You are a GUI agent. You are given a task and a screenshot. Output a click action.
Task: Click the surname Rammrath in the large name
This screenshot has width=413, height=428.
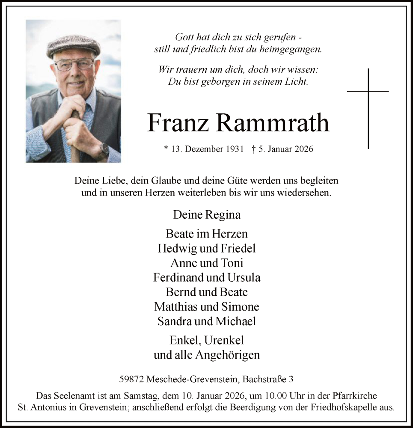273,123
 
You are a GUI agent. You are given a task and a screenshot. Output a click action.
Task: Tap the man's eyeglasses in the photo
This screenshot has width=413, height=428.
74,65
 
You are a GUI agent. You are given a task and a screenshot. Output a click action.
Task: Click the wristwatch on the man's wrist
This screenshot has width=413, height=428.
104,150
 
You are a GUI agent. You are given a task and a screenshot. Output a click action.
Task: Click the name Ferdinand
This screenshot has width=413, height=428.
178,277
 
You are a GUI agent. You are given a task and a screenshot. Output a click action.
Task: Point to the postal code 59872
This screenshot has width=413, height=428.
132,379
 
